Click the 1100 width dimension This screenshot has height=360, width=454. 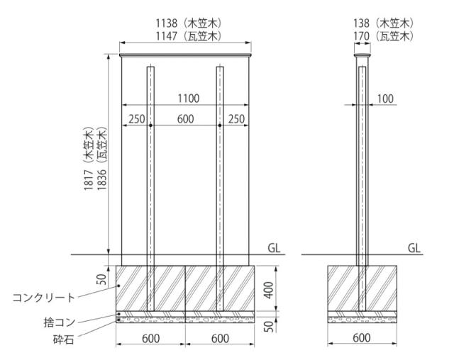[x=188, y=99]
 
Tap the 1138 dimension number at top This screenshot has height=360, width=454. [x=167, y=23]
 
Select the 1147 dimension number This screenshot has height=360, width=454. [x=167, y=36]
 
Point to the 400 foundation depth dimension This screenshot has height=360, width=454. [x=269, y=290]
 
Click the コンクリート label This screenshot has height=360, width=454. [x=44, y=297]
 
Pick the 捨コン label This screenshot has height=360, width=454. [x=60, y=322]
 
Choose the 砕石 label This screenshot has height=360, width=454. [x=64, y=339]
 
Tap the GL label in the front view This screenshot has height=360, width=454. [x=274, y=248]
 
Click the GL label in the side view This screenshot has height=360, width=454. [x=414, y=248]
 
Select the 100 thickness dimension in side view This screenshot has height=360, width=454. [x=385, y=99]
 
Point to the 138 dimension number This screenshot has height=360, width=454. [x=361, y=23]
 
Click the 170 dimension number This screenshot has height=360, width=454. [x=361, y=36]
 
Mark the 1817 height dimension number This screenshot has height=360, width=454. [x=89, y=179]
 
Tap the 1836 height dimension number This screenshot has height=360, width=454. [x=102, y=179]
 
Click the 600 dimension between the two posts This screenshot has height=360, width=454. [x=185, y=119]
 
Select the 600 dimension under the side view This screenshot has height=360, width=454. [x=362, y=338]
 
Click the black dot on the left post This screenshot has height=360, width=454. [x=150, y=125]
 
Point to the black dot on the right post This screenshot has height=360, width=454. [x=220, y=125]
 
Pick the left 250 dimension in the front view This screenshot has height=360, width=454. [x=137, y=119]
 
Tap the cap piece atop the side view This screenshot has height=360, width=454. [x=362, y=55]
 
